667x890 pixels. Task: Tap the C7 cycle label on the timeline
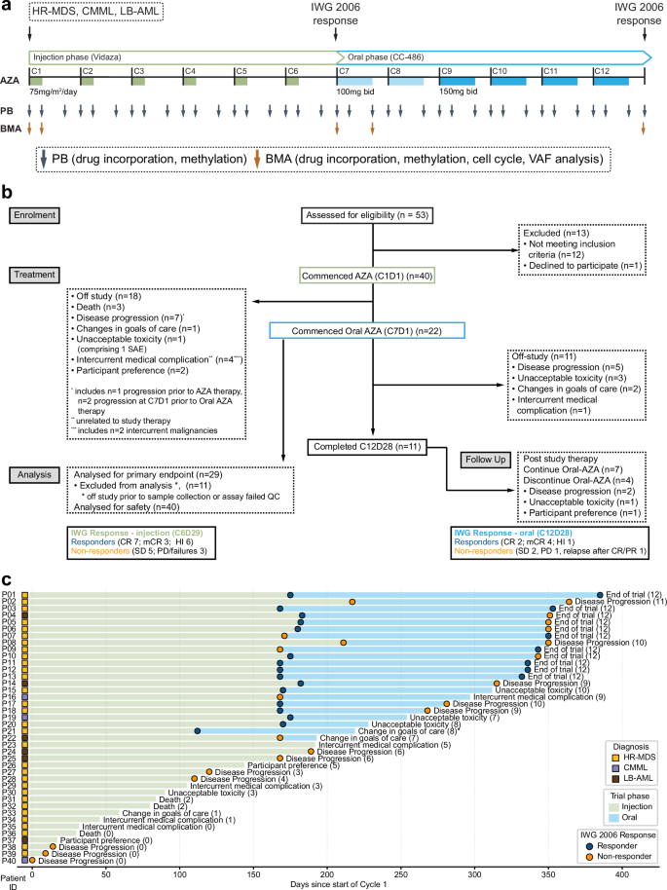[x=345, y=72]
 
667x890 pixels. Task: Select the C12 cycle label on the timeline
[x=603, y=72]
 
